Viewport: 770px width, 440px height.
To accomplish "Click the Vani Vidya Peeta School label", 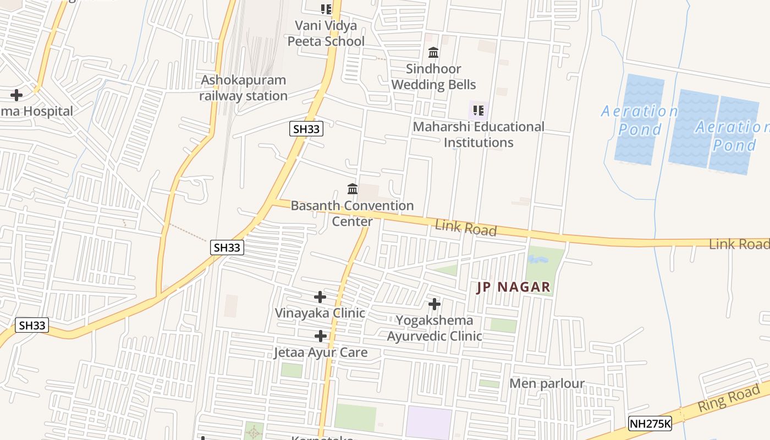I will click(326, 34).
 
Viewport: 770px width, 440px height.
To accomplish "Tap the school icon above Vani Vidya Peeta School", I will click(326, 9).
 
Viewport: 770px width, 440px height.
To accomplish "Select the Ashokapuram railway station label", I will click(244, 88).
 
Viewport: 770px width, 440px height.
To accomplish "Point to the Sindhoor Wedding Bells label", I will click(433, 77).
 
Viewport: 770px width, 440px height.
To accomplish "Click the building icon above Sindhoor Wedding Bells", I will click(433, 53).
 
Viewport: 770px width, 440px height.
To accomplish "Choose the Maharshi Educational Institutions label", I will click(479, 135).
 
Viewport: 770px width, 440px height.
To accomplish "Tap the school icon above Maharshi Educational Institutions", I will click(479, 111).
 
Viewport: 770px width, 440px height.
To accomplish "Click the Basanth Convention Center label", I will click(352, 213).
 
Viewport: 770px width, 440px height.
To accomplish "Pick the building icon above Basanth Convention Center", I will click(353, 189).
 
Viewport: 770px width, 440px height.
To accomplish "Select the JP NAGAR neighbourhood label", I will click(513, 287).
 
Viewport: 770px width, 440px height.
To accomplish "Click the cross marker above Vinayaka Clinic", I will click(320, 297).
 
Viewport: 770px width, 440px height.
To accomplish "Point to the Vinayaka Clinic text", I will click(320, 313).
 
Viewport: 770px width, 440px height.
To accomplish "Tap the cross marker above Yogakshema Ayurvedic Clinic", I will click(435, 304).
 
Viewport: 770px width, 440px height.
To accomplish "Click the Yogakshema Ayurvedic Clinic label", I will click(435, 328).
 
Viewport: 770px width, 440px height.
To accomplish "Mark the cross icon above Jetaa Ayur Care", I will click(321, 336).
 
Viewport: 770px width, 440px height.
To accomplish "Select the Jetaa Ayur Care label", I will click(321, 353).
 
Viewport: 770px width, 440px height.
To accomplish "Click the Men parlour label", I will click(547, 383).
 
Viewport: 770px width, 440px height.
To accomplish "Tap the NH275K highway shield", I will click(650, 424).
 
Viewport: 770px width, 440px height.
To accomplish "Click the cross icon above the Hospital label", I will click(16, 95).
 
